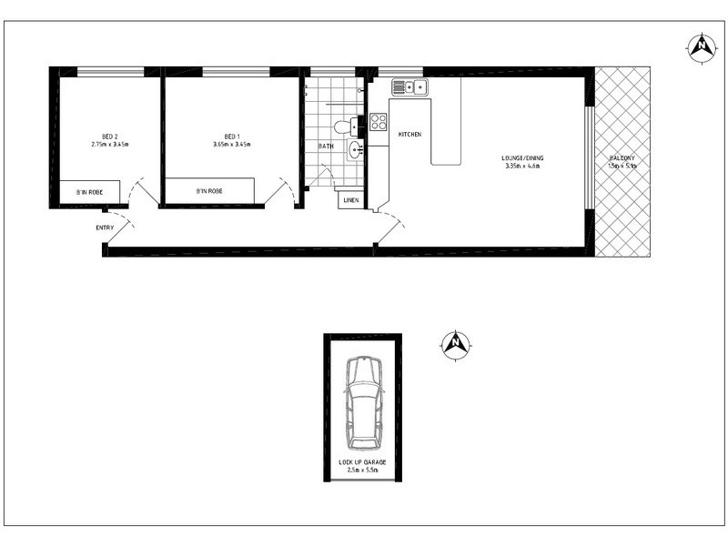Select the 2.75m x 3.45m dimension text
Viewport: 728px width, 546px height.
click(109, 144)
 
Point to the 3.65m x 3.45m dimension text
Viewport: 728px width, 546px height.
click(231, 144)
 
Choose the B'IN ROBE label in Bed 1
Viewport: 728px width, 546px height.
click(209, 191)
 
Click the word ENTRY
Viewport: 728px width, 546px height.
click(105, 227)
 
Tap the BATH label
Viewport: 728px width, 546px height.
click(325, 146)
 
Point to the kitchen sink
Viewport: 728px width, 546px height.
click(409, 87)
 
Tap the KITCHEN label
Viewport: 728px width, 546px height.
click(409, 135)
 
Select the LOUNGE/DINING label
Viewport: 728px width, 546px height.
click(521, 158)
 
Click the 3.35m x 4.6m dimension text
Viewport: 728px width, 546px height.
click(521, 167)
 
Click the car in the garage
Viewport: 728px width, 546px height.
click(363, 399)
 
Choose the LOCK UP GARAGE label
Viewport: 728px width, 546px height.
click(363, 462)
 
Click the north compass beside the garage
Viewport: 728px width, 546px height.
click(454, 343)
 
